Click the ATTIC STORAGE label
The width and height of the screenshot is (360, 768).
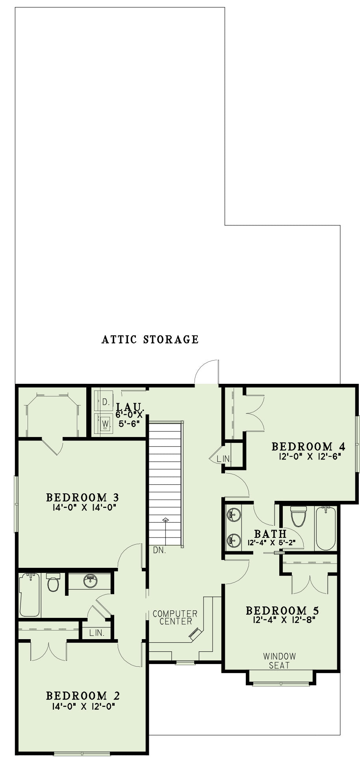[x=150, y=339]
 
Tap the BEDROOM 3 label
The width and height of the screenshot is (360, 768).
[x=83, y=497]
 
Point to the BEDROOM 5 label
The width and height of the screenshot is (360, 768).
[x=282, y=611]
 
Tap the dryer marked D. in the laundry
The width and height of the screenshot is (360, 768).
[x=104, y=402]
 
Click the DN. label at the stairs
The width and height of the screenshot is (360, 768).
[x=160, y=550]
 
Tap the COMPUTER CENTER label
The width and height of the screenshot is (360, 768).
[x=175, y=617]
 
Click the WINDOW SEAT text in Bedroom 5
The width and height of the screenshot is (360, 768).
[x=279, y=661]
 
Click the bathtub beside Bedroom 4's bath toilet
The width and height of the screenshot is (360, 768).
[x=326, y=528]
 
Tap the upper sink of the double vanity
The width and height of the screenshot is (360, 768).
[x=234, y=514]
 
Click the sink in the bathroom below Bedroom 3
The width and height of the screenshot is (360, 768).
[x=91, y=580]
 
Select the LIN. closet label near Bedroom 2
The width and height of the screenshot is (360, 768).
[x=96, y=633]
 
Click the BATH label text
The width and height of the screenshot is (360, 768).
[x=270, y=534]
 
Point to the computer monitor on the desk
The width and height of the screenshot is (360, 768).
[x=195, y=633]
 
